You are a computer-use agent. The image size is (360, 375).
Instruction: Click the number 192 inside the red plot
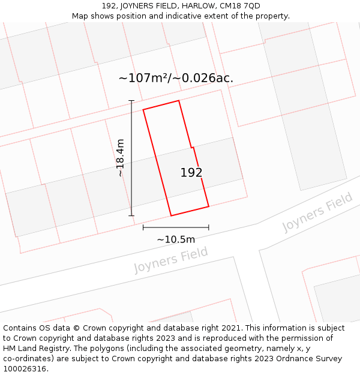coord(191,173)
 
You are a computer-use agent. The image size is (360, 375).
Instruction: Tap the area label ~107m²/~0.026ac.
coord(176,78)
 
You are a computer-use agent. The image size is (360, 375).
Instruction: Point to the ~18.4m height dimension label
coord(120,158)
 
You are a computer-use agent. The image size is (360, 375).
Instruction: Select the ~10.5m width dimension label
coord(176,239)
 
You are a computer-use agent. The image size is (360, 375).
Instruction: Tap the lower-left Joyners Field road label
coord(171,260)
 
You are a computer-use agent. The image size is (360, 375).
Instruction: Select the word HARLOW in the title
coord(194,6)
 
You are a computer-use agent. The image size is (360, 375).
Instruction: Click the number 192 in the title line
coord(109,6)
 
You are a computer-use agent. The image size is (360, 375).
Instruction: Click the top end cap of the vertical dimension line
coord(131,101)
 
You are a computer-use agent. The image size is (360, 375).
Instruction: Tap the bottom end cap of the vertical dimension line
coord(131,215)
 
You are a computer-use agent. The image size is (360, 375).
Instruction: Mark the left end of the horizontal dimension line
coord(143,227)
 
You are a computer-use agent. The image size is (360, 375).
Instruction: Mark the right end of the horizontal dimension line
coord(209,227)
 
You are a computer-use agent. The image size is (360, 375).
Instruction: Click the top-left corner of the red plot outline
coord(143,110)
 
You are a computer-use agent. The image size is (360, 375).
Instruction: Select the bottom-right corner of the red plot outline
coord(209,206)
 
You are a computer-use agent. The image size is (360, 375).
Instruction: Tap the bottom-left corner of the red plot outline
coord(171,215)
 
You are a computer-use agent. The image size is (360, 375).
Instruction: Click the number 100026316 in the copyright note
coord(24,368)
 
